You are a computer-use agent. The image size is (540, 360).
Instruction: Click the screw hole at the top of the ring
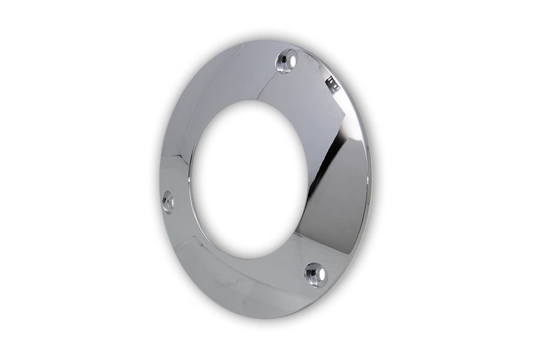pyautogui.click(x=287, y=61)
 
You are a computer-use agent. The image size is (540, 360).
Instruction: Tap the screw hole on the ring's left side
pyautogui.click(x=168, y=202)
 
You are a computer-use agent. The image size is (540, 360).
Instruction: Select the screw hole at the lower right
pyautogui.click(x=316, y=274)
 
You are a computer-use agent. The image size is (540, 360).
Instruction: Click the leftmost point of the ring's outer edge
pyautogui.click(x=160, y=198)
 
